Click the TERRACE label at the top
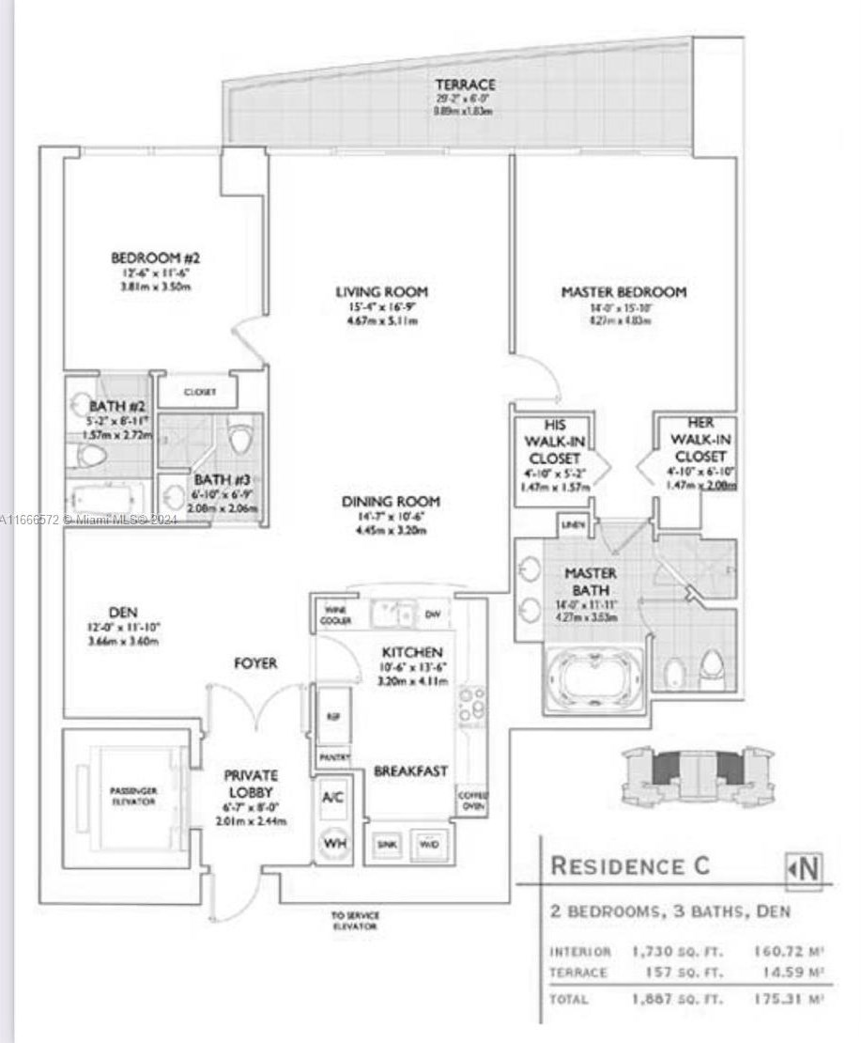point(464,86)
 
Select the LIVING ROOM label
point(381,292)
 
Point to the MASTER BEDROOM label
point(623,292)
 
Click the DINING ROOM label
point(391,502)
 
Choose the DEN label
point(123,613)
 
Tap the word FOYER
point(255,663)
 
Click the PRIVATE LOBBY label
point(250,785)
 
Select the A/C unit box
point(333,798)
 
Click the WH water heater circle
point(333,841)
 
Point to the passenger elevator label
point(131,796)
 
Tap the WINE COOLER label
point(335,616)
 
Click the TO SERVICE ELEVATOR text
point(354,920)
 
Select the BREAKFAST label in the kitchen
point(410,771)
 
